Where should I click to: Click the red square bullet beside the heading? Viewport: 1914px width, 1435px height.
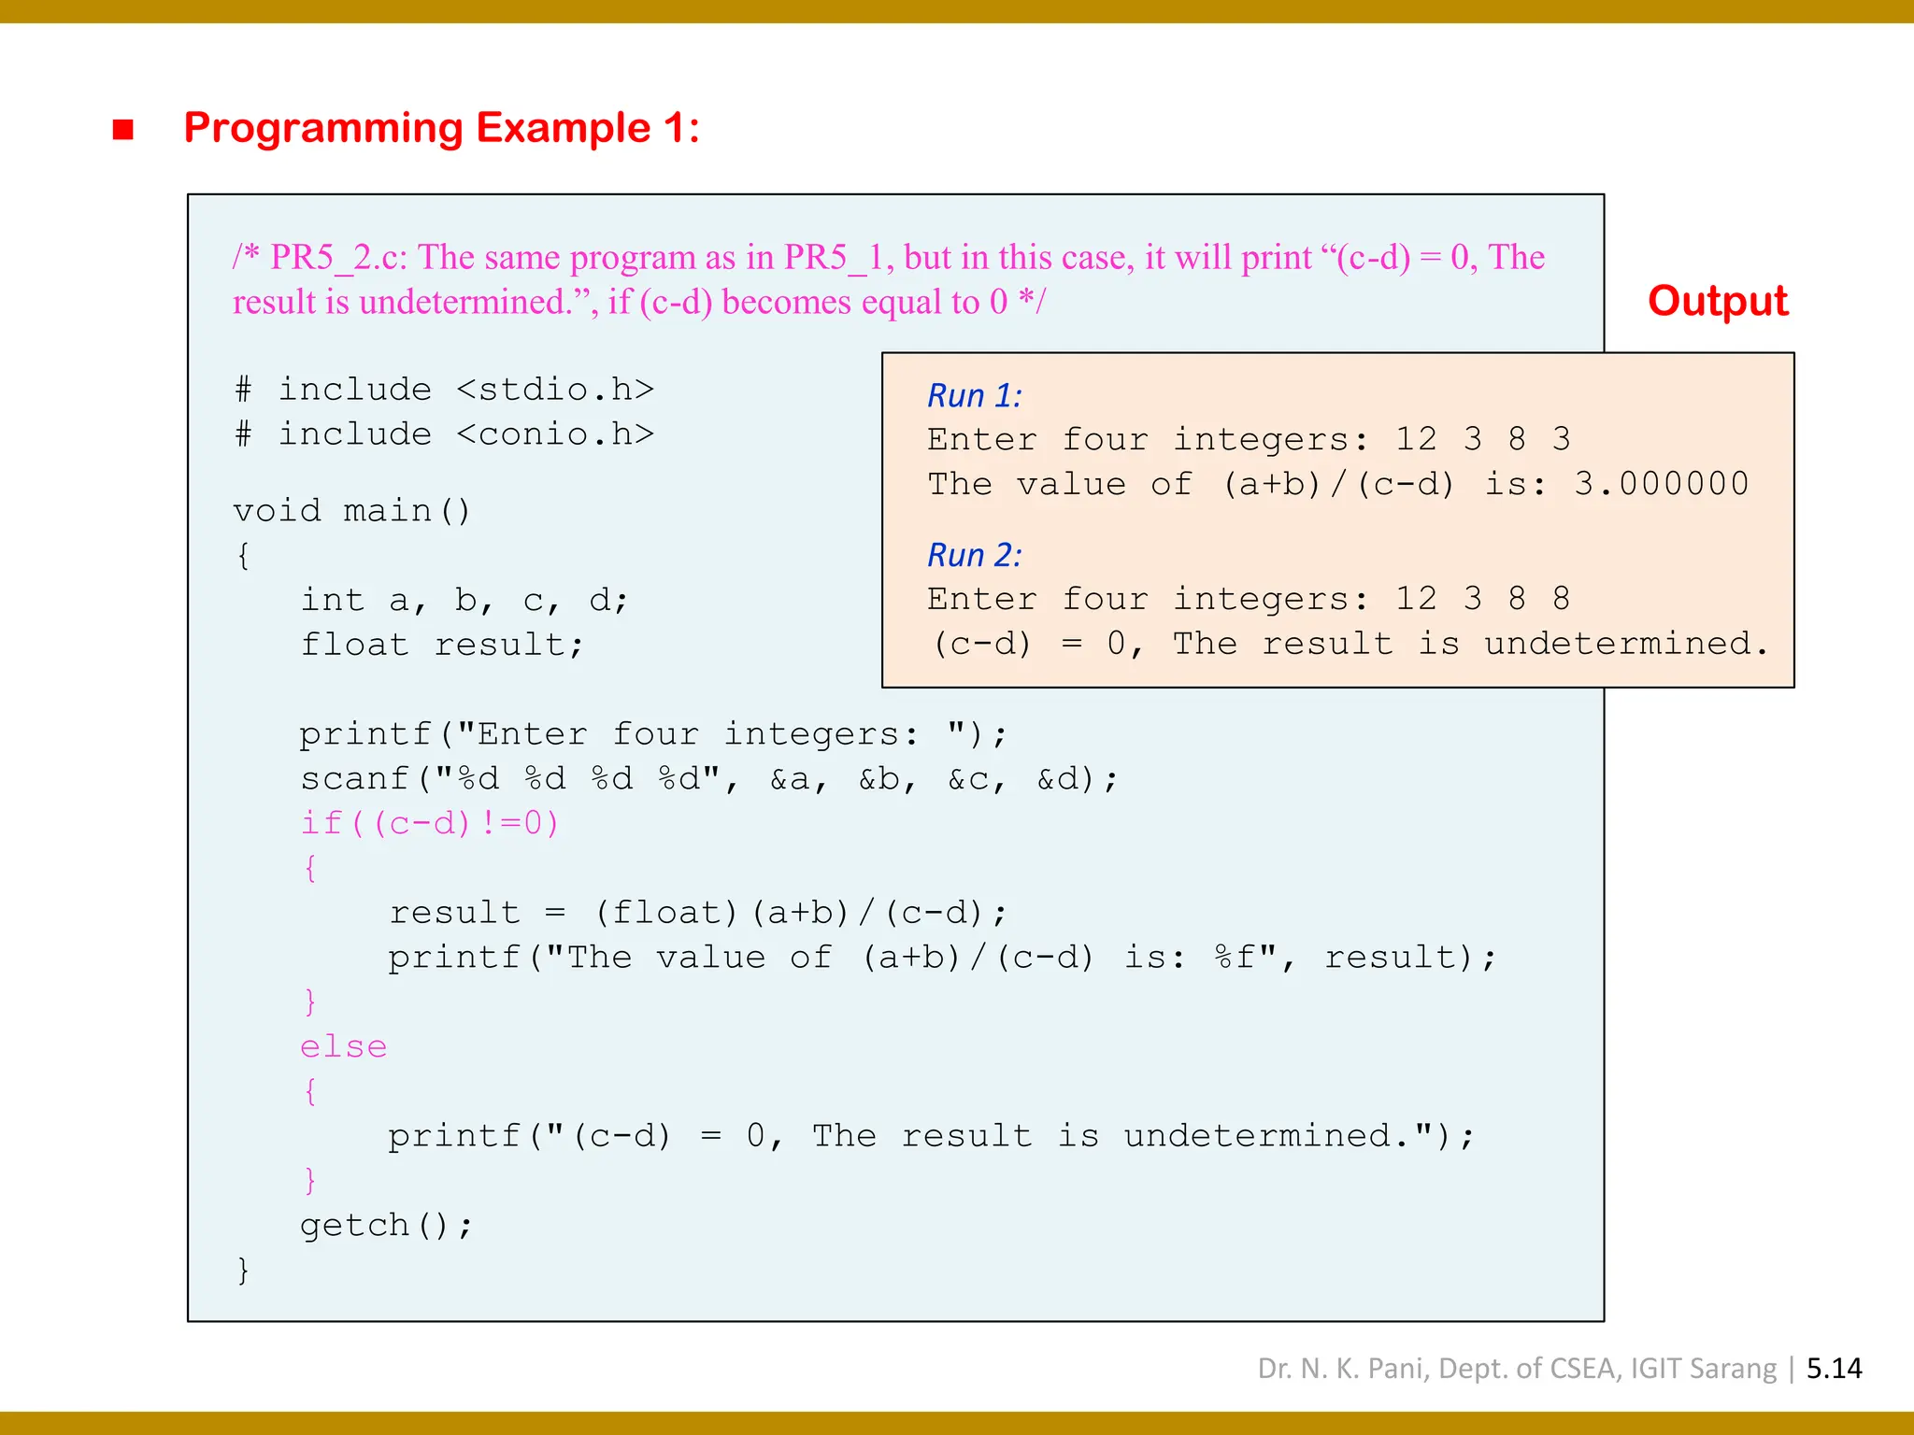122,129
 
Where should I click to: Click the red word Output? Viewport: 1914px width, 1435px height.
1717,301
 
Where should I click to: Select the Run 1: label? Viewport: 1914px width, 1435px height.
974,396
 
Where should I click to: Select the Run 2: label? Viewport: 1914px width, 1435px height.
974,555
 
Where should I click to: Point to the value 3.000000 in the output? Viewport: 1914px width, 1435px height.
1661,484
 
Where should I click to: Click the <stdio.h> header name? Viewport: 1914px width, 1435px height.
555,389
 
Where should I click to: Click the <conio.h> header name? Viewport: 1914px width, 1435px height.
555,433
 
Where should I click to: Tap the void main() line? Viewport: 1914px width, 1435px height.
351,511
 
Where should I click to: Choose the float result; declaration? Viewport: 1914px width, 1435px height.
441,645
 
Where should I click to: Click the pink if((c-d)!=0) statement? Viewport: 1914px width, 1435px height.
429,823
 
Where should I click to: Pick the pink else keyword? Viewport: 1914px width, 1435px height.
343,1046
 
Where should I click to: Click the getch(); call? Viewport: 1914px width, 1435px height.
386,1225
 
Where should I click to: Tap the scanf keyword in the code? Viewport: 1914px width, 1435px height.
354,778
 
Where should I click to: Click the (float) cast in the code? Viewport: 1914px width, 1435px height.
666,913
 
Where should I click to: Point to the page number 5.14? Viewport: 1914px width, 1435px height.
1834,1369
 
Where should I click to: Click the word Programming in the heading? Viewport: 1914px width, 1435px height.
322,128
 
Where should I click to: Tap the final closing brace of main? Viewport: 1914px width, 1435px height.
243,1270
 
